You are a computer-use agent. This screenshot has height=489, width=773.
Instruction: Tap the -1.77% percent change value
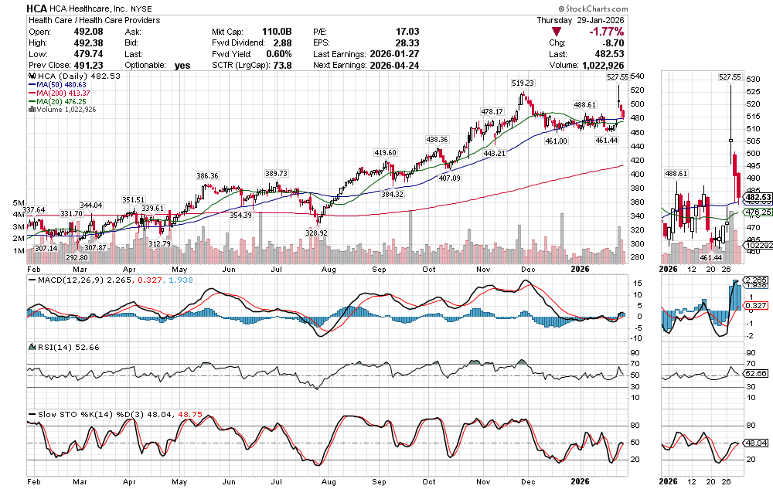pos(607,31)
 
